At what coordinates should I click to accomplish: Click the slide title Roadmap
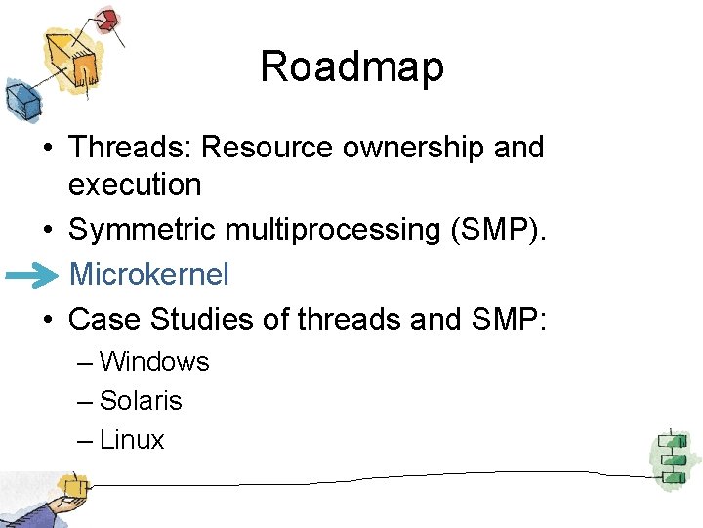(351, 67)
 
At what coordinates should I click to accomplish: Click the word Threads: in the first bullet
(130, 148)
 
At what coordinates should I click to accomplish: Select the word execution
(135, 184)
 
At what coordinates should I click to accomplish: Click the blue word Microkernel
(148, 275)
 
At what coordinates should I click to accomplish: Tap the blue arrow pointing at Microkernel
(31, 277)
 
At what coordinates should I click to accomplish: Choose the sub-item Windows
(154, 362)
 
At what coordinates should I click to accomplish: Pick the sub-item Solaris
(141, 401)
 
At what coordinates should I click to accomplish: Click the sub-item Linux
(132, 440)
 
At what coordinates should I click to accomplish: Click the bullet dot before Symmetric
(47, 231)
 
